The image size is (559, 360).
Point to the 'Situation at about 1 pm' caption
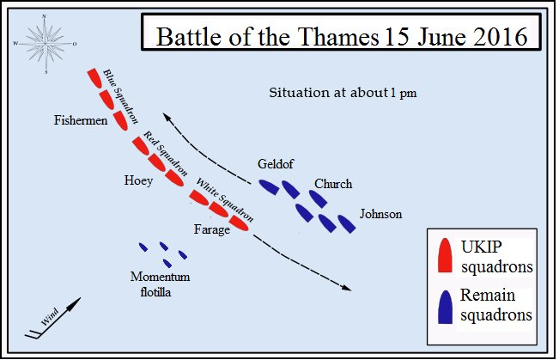coord(343,92)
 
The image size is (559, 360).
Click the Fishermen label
coord(80,121)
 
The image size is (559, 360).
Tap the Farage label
coord(211,229)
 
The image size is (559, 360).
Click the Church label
coord(333,184)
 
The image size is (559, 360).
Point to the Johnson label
coord(380,214)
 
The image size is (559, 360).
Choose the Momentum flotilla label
coord(160,283)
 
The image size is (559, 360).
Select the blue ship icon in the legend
coord(445,307)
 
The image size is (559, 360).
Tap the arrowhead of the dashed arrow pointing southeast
coord(347,288)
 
